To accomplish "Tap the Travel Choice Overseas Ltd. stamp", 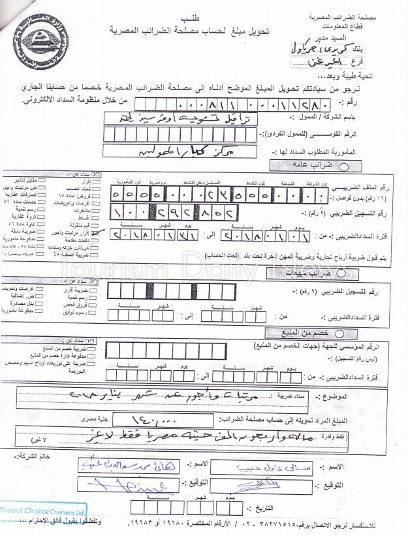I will (x=43, y=513).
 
